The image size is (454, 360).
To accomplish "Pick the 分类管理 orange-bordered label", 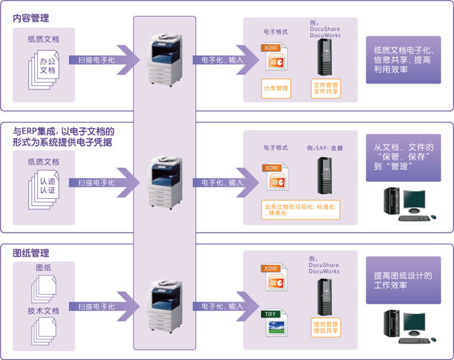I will [275, 88].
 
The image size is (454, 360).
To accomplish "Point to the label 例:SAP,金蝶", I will [325, 148].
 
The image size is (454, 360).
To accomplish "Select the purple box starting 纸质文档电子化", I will [403, 60].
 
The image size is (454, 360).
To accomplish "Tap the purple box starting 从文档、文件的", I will [403, 157].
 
